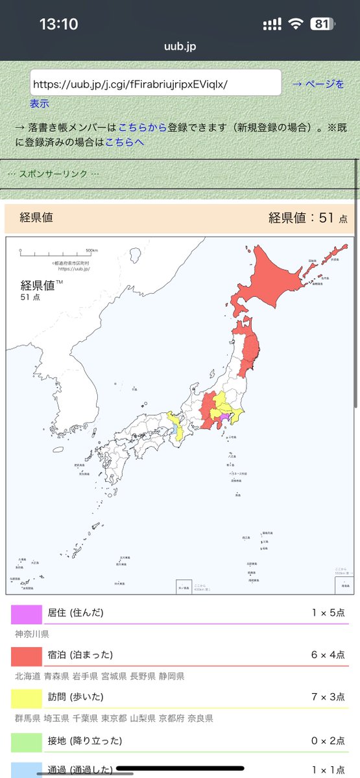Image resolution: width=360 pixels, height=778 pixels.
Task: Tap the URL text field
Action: click(156, 84)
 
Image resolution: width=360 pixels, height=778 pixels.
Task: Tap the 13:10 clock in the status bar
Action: click(58, 24)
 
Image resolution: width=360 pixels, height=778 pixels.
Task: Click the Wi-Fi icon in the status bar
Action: click(296, 24)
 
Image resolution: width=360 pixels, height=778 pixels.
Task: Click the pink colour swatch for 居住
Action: click(27, 613)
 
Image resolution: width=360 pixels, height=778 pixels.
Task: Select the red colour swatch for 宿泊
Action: click(27, 655)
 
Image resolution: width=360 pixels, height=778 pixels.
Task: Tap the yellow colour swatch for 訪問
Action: click(27, 698)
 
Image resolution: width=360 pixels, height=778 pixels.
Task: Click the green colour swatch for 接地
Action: click(27, 741)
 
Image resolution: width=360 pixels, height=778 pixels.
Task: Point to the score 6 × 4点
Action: click(328, 655)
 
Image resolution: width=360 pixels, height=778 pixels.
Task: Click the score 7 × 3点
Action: click(328, 697)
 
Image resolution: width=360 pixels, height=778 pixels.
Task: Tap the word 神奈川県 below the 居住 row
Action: click(32, 633)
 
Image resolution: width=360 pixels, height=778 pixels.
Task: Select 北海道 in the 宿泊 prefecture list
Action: click(28, 676)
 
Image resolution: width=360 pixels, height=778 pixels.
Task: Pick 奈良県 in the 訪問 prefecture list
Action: click(199, 718)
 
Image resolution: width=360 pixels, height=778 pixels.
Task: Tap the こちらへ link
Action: click(125, 141)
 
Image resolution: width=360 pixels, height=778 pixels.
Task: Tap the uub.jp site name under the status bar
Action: click(180, 47)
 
